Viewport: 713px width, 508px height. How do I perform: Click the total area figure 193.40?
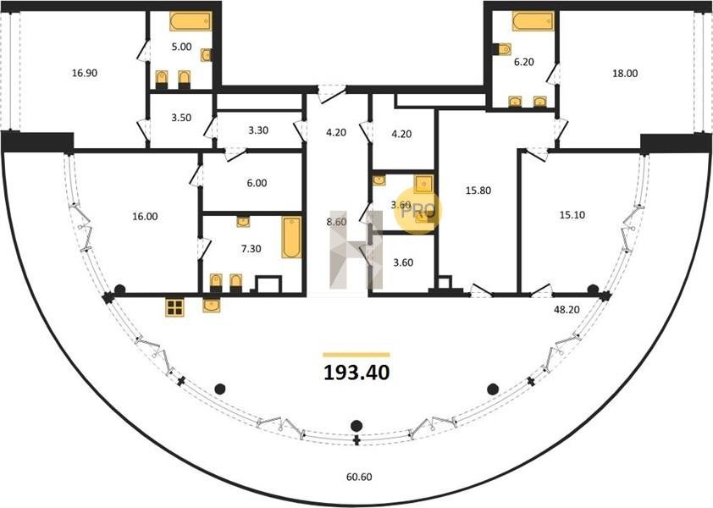(x=356, y=373)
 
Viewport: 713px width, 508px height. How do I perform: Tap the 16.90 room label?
(x=85, y=73)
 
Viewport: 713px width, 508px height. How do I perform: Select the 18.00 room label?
(x=625, y=73)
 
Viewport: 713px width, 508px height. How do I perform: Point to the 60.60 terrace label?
(x=359, y=477)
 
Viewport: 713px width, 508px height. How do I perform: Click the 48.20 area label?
(x=567, y=310)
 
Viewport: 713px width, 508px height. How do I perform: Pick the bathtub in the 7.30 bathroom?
(x=291, y=237)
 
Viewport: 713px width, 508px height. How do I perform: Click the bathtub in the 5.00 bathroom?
(x=191, y=21)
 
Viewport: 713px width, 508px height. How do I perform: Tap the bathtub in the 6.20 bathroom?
(x=533, y=21)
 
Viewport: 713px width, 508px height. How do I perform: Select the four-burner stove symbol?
(x=174, y=307)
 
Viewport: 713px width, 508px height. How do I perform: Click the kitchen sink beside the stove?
(x=212, y=305)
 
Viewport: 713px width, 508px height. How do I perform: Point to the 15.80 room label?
(x=478, y=190)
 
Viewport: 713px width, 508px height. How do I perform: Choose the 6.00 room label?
(x=257, y=183)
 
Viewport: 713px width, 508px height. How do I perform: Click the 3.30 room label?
(x=258, y=130)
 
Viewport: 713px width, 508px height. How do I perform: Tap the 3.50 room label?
(x=181, y=118)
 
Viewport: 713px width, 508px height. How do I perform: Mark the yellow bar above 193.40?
(x=356, y=355)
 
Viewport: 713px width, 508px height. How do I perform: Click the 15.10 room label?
(x=572, y=215)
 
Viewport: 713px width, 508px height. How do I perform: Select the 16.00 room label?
(x=145, y=217)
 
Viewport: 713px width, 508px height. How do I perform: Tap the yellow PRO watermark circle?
(x=417, y=212)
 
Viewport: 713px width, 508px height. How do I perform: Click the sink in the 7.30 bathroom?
(x=243, y=222)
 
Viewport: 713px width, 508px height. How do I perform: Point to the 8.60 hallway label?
(x=336, y=223)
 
